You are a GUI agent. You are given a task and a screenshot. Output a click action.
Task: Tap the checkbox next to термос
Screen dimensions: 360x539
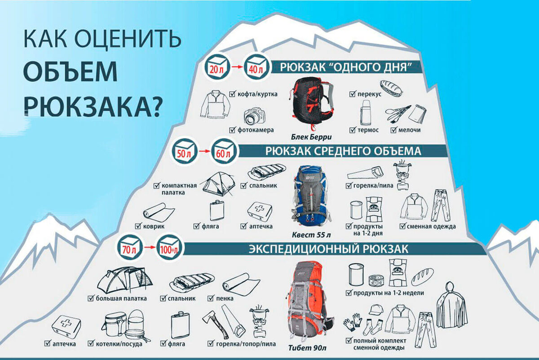point(353,130)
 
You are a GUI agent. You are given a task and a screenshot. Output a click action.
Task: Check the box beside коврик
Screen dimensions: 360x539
point(138,226)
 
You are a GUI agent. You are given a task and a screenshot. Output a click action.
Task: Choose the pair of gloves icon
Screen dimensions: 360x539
point(353,322)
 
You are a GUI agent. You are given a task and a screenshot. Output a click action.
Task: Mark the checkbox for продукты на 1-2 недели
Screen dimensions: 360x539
point(349,293)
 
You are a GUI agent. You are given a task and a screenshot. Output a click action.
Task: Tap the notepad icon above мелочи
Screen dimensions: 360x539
point(417,114)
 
